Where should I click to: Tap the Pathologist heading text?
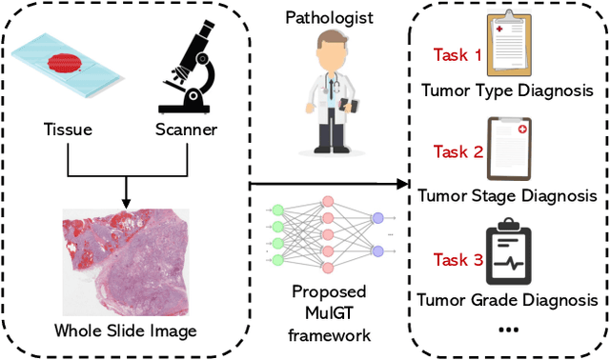coord(330,18)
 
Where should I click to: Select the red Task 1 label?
coord(457,55)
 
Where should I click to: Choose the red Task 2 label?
coord(457,151)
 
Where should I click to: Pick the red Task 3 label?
coord(457,259)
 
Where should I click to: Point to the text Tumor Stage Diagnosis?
coord(508,196)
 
